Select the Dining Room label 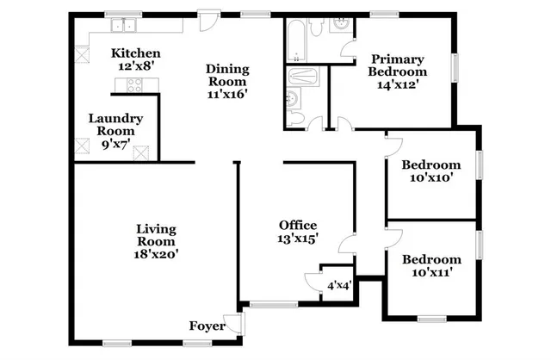(x=227, y=76)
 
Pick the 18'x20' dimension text (x=156, y=254)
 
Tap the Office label (x=296, y=226)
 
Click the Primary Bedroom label (x=399, y=65)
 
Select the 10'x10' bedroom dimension (x=431, y=178)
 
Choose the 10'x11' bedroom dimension (x=431, y=272)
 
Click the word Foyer (x=207, y=326)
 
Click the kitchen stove (x=134, y=84)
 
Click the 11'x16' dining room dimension (x=227, y=95)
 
